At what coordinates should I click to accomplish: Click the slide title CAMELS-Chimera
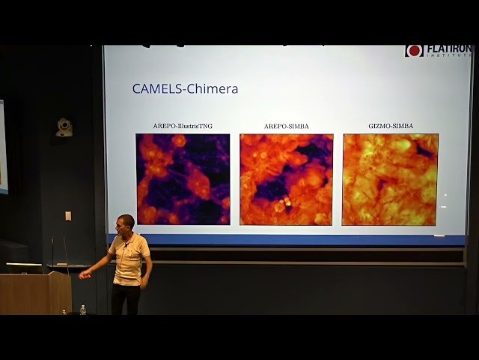tap(185, 88)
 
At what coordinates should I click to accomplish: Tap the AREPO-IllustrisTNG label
tap(183, 126)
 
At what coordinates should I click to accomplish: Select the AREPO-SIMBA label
tap(286, 126)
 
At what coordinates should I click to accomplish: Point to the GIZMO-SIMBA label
tap(390, 126)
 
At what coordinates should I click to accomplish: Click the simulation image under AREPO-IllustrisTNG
tap(183, 179)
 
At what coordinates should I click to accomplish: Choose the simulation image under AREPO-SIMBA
tap(286, 179)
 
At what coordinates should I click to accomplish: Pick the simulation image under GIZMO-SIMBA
tap(390, 179)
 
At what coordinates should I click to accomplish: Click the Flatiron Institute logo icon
tap(414, 51)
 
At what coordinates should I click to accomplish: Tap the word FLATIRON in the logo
tap(449, 49)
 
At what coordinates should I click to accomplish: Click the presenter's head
tap(126, 223)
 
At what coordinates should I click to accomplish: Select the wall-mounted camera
tap(64, 127)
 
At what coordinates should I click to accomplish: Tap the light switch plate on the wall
tap(68, 216)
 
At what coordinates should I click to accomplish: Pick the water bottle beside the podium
tap(82, 309)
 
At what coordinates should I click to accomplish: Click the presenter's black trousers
tap(126, 298)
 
